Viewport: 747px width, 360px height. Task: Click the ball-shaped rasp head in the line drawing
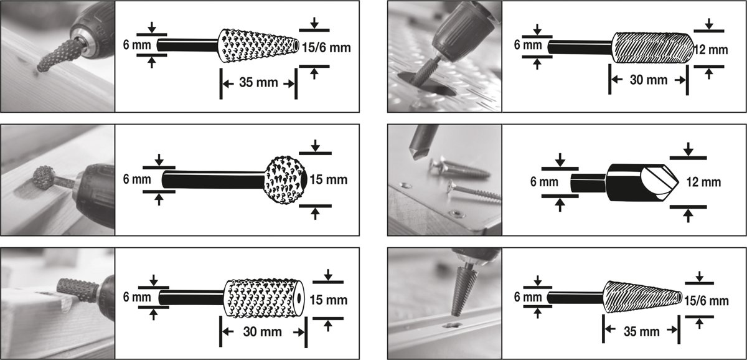pos(285,180)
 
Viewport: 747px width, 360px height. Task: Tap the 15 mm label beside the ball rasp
pos(329,180)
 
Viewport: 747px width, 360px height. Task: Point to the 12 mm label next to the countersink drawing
pos(703,182)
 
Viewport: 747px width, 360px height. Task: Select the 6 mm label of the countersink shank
pos(544,182)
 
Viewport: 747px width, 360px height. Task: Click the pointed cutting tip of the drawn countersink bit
pos(678,182)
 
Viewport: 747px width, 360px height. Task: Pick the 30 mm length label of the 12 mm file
pos(649,80)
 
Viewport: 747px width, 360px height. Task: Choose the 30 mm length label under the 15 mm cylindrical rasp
pos(263,331)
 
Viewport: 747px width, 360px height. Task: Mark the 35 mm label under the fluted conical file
pos(642,331)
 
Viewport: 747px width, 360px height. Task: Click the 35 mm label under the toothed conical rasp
pos(258,82)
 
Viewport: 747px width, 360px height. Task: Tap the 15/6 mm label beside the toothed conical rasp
pos(326,48)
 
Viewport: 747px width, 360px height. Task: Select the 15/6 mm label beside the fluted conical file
pos(707,301)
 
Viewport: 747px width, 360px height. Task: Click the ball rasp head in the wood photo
pos(44,178)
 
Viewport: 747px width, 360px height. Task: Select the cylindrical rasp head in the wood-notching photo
pos(77,290)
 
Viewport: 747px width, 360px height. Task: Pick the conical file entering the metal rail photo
pos(461,290)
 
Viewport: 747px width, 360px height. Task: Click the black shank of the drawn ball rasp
pos(214,180)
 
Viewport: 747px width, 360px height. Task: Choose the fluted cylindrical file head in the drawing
pos(652,47)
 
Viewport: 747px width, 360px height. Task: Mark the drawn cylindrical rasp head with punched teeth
pos(264,298)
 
